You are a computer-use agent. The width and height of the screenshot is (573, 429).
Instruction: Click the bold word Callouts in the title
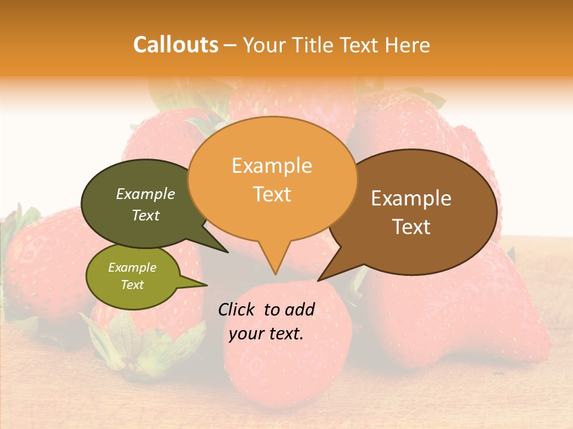[x=175, y=45]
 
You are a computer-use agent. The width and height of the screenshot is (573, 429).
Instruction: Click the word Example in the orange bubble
[x=272, y=166]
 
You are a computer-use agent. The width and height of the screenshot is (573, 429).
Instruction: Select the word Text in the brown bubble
[x=411, y=227]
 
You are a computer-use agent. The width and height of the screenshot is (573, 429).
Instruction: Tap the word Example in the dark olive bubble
[x=146, y=194]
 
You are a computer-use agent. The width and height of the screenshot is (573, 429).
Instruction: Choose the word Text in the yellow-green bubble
[x=133, y=285]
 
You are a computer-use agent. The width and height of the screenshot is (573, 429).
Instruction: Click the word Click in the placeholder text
[x=238, y=309]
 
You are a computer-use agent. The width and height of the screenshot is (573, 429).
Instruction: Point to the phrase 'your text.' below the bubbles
[x=266, y=334]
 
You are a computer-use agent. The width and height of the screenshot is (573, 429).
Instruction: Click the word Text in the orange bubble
[x=272, y=194]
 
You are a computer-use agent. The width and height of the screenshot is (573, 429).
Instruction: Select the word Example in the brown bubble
[x=411, y=198]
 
